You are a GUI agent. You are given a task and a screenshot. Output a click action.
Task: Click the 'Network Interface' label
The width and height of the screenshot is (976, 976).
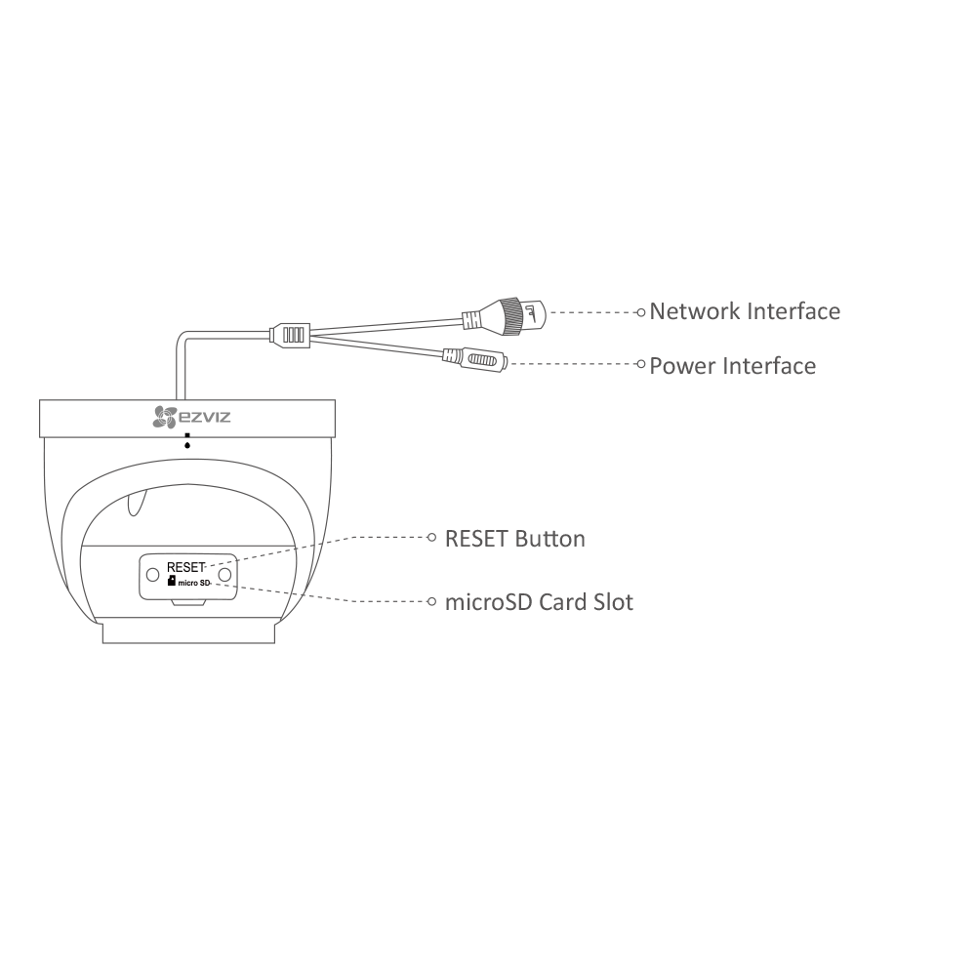tap(744, 311)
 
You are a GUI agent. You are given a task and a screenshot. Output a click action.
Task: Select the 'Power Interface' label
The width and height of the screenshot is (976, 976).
tap(732, 366)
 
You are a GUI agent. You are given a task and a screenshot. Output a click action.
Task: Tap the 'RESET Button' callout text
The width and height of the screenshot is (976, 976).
tap(514, 538)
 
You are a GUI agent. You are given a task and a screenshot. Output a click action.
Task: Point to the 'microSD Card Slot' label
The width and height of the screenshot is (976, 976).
tap(539, 601)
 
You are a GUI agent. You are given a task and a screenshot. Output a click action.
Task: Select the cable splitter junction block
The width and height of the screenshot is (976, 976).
tap(292, 334)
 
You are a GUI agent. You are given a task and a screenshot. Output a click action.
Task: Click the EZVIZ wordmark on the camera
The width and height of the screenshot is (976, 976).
tap(204, 418)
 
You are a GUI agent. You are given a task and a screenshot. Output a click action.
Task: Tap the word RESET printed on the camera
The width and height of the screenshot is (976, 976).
tap(185, 566)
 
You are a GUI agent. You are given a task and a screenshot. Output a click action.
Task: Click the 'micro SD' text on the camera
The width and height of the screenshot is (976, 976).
tap(193, 582)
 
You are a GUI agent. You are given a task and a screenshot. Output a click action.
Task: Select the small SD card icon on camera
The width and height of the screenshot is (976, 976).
tap(172, 581)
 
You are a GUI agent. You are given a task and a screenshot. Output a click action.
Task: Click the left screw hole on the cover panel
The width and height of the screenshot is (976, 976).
tap(152, 575)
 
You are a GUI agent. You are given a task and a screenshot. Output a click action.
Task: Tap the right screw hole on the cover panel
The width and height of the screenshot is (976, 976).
tap(224, 575)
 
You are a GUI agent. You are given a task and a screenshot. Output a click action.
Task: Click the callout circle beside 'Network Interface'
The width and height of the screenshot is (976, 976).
tap(640, 312)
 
